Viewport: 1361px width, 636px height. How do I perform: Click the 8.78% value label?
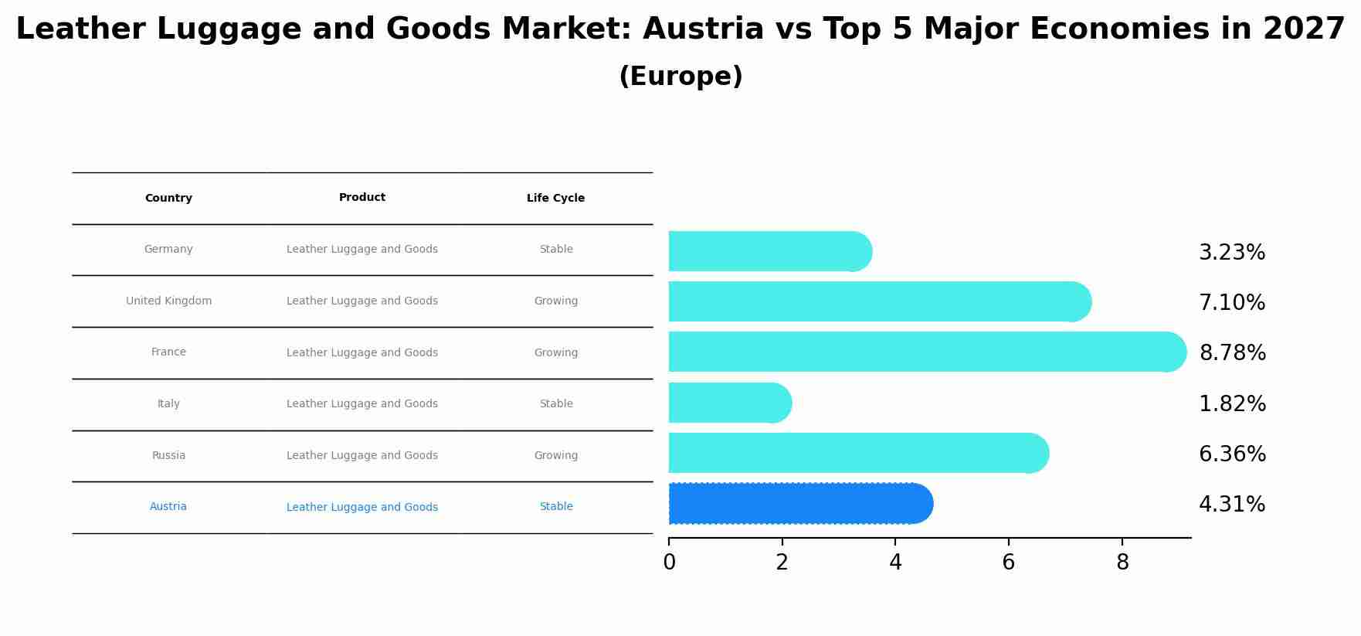[1232, 353]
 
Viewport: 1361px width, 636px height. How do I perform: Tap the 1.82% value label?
[1232, 404]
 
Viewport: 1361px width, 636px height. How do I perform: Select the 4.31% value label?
[1232, 505]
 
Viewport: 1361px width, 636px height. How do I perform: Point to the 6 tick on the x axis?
[1008, 563]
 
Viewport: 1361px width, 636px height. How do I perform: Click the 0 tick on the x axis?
[669, 563]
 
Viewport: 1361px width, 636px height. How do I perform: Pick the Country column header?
[168, 199]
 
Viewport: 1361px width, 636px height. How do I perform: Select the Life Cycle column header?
[555, 199]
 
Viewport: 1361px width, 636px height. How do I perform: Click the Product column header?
[361, 198]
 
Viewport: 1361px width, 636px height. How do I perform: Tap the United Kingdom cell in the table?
[168, 301]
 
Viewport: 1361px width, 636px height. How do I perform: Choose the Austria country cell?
[168, 507]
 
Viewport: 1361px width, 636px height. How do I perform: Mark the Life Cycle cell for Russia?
[555, 456]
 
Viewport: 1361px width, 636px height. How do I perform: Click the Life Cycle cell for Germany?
[555, 250]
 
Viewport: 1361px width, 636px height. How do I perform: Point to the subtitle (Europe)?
[680, 77]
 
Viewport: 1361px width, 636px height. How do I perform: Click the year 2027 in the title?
[1304, 29]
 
